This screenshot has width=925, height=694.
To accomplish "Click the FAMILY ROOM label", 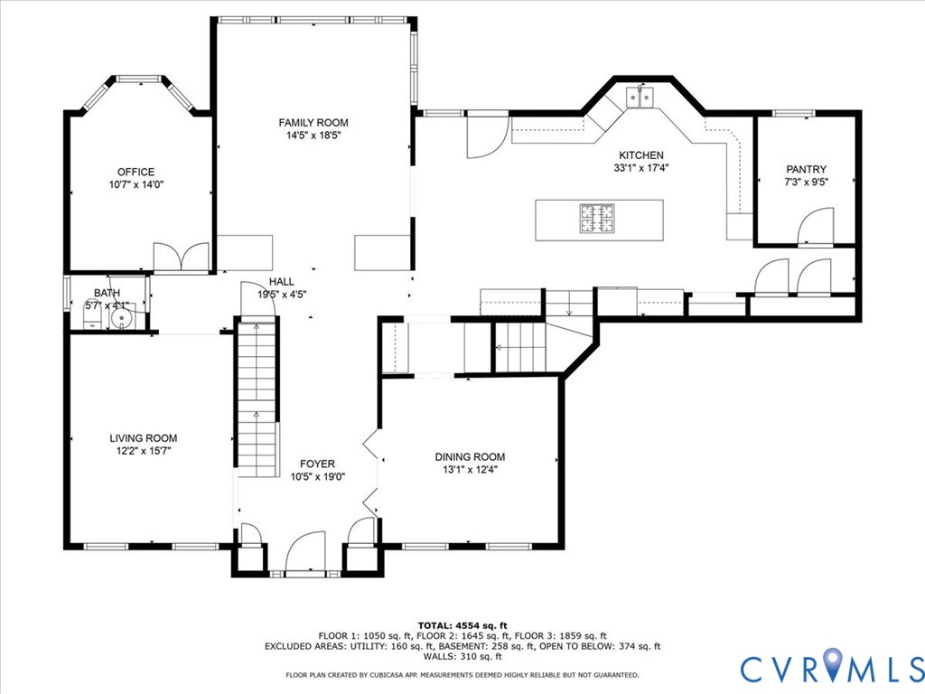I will pyautogui.click(x=313, y=123).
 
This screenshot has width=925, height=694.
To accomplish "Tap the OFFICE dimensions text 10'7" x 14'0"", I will pyautogui.click(x=135, y=184).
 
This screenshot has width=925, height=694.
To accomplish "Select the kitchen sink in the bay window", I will pyautogui.click(x=642, y=97).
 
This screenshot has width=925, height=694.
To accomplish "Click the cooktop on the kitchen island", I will pyautogui.click(x=596, y=219).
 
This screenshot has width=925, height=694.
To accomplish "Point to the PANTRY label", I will pyautogui.click(x=806, y=169).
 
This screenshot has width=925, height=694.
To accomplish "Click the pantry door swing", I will pyautogui.click(x=817, y=226).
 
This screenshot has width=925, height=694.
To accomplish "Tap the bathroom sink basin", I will pyautogui.click(x=120, y=318).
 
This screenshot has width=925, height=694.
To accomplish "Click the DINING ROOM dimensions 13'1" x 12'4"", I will pyautogui.click(x=470, y=469).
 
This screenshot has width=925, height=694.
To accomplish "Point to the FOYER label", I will pyautogui.click(x=317, y=464).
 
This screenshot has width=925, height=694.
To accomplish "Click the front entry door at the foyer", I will pyautogui.click(x=305, y=553).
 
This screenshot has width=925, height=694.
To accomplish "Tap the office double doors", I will pyautogui.click(x=182, y=258).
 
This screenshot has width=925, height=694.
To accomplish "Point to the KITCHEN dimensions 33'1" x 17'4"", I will pyautogui.click(x=641, y=167).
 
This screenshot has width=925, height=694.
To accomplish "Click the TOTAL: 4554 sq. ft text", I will pyautogui.click(x=462, y=625).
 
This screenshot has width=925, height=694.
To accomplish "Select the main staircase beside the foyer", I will pyautogui.click(x=257, y=398).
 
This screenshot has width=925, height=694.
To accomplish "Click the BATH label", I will pyautogui.click(x=107, y=293).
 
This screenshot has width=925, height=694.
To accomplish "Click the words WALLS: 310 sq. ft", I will pyautogui.click(x=462, y=657).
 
